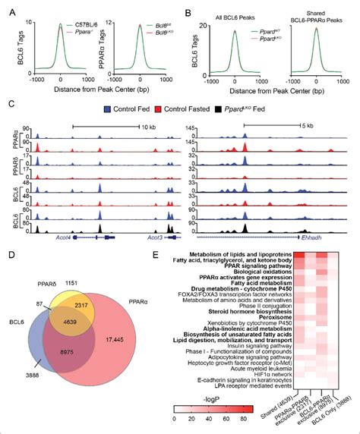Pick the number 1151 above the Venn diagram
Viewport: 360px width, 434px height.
coord(90,262)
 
